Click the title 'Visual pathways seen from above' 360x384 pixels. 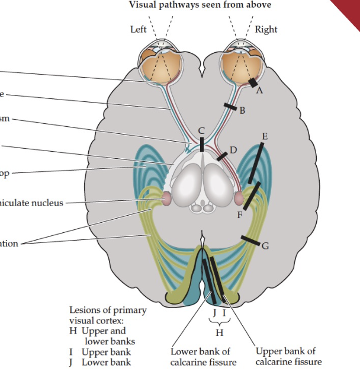pyautogui.click(x=200, y=5)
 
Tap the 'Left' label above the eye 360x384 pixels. pyautogui.click(x=139, y=29)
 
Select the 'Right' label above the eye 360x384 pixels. pyautogui.click(x=266, y=29)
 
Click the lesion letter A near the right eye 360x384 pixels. pyautogui.click(x=259, y=91)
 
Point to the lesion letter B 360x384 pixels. pyautogui.click(x=242, y=110)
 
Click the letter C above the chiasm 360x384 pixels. pyautogui.click(x=201, y=130)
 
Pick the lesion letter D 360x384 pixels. pyautogui.click(x=233, y=150)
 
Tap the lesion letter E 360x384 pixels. pyautogui.click(x=264, y=136)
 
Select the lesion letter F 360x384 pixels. pyautogui.click(x=240, y=215)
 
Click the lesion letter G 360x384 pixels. pyautogui.click(x=265, y=246)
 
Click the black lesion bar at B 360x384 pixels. pyautogui.click(x=230, y=105)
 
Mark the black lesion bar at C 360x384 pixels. pyautogui.click(x=202, y=145)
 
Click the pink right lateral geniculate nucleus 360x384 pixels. pyautogui.click(x=239, y=198)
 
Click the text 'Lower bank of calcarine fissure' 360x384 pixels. pyautogui.click(x=201, y=357)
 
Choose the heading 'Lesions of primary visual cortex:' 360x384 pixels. pyautogui.click(x=108, y=315)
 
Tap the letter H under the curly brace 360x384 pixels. pyautogui.click(x=219, y=331)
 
